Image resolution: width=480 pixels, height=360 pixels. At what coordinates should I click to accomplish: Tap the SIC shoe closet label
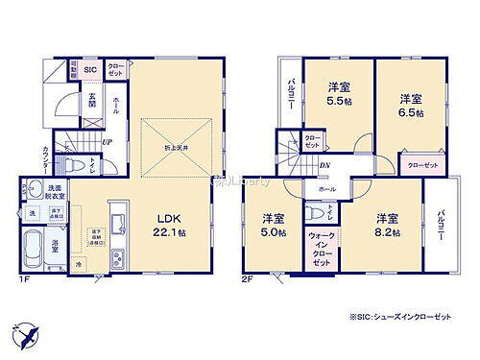pos(90,70)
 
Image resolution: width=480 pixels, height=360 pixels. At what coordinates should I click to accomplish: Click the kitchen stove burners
pos(118,257)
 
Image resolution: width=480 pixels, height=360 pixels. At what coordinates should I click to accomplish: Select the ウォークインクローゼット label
pos(321,249)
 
